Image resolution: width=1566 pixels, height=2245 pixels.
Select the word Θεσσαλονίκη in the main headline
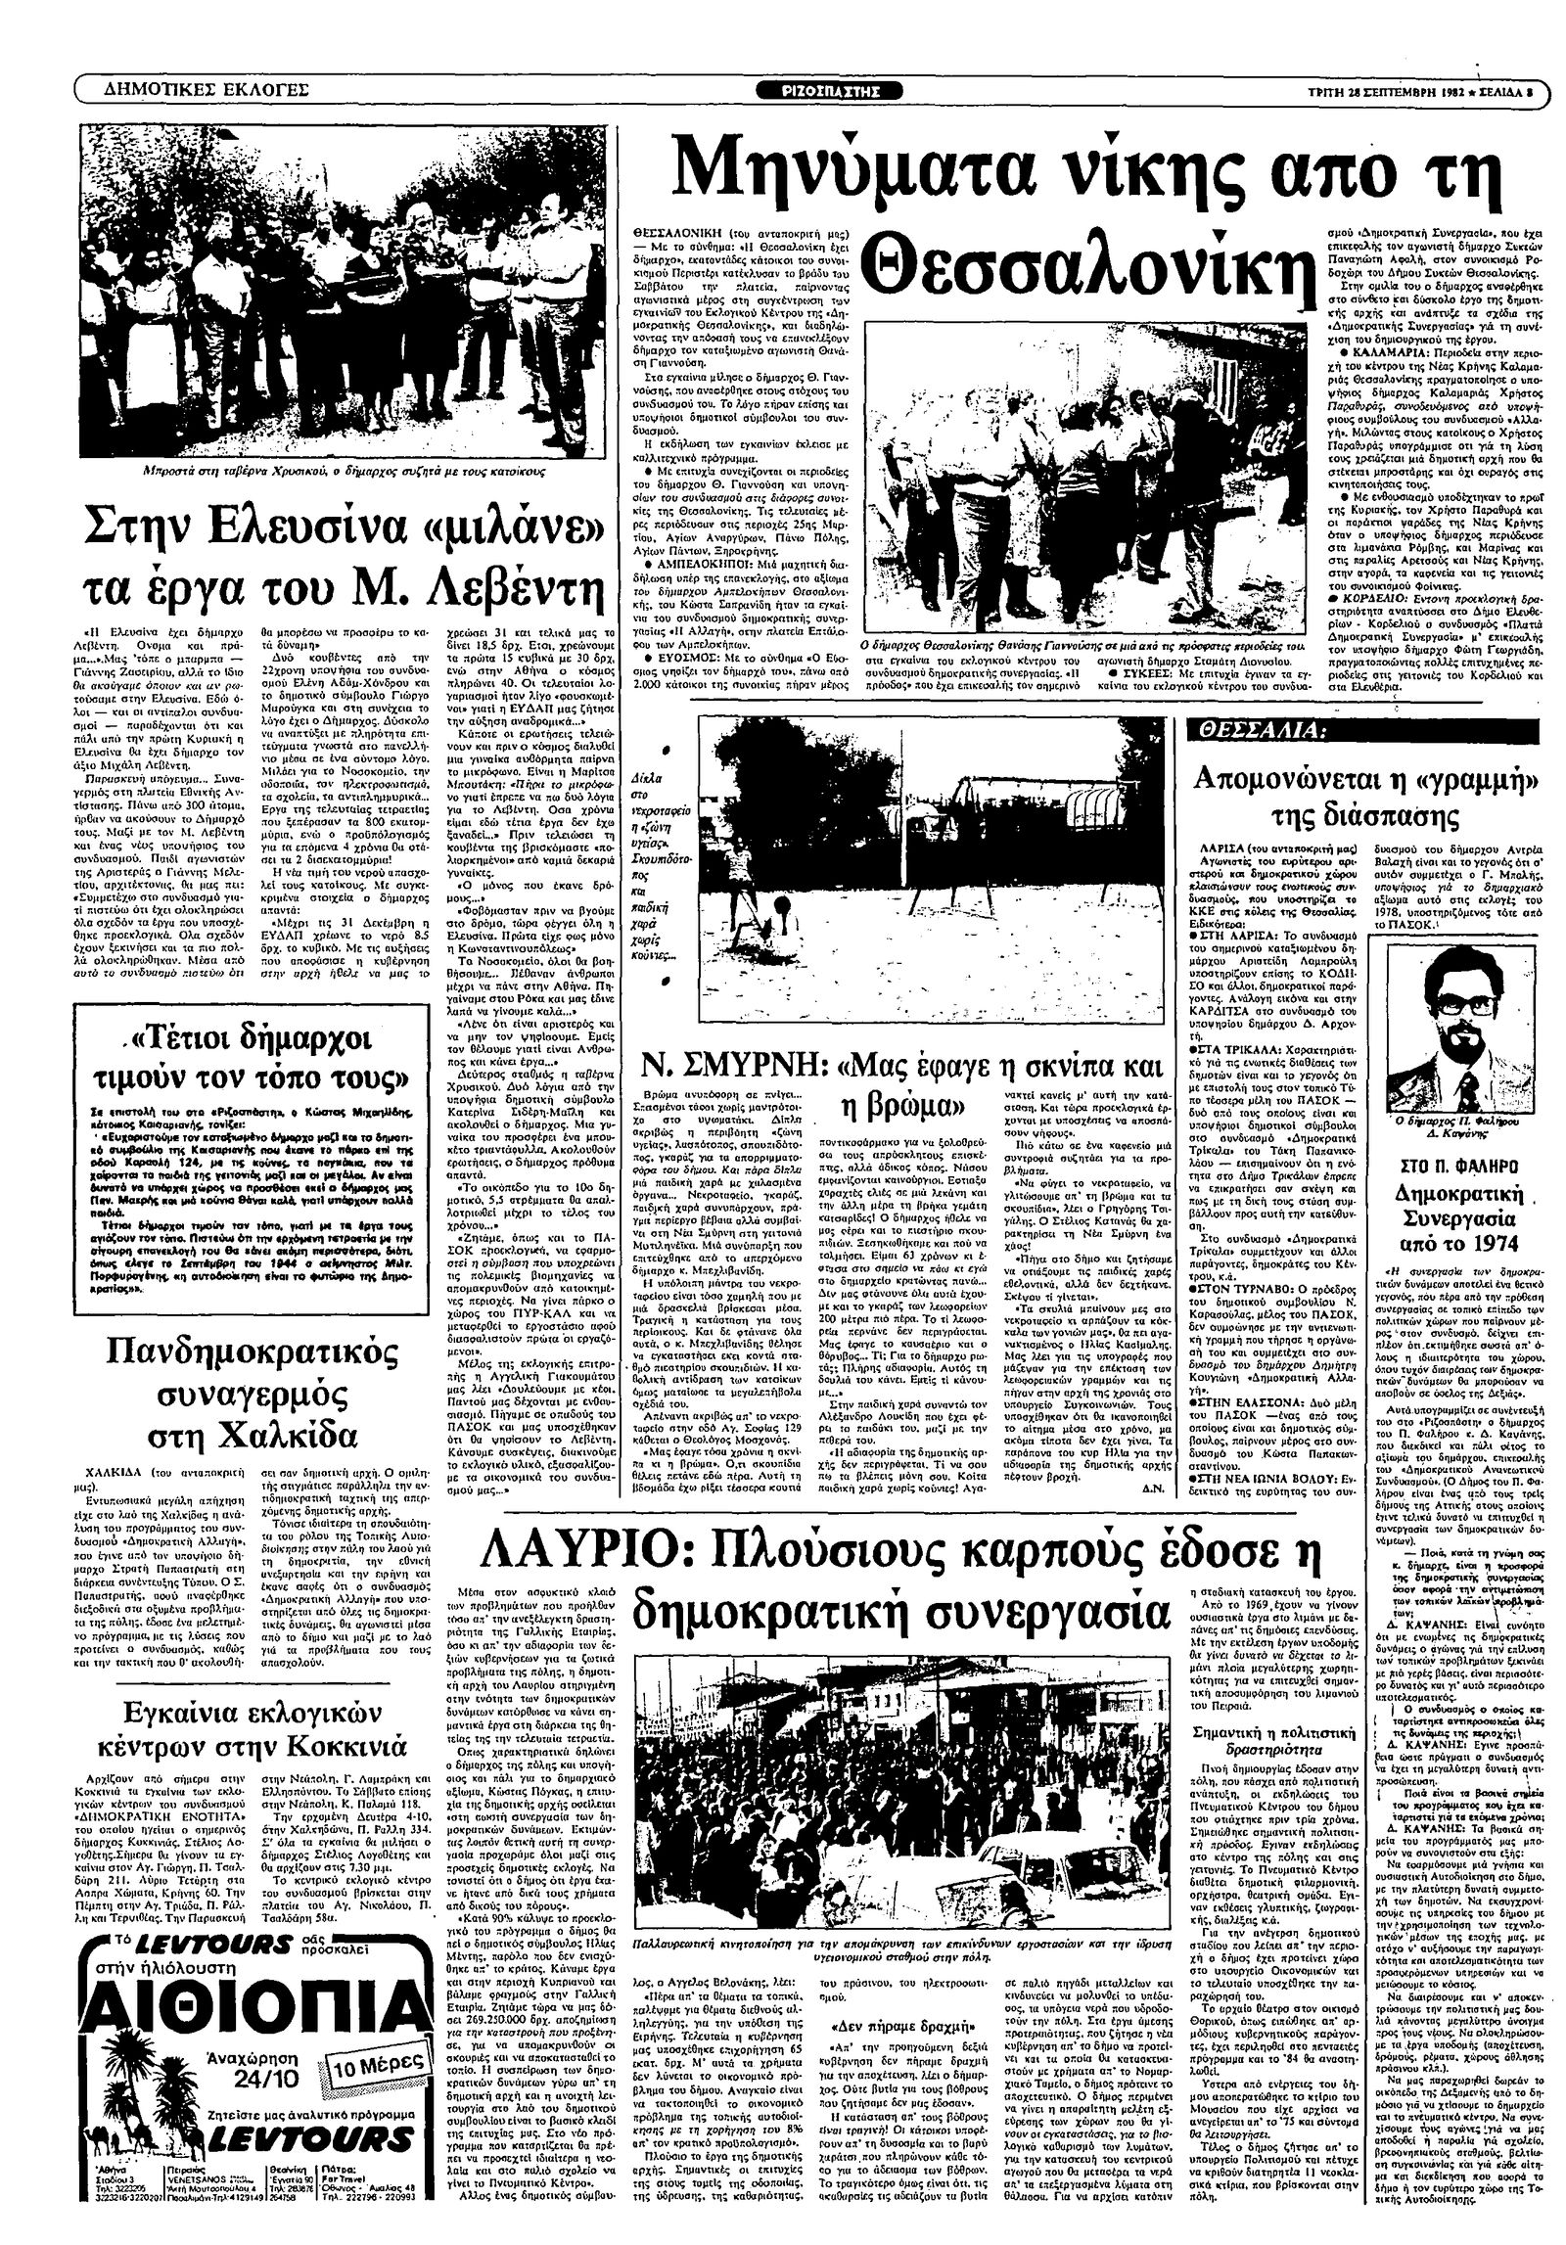(x=1092, y=265)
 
